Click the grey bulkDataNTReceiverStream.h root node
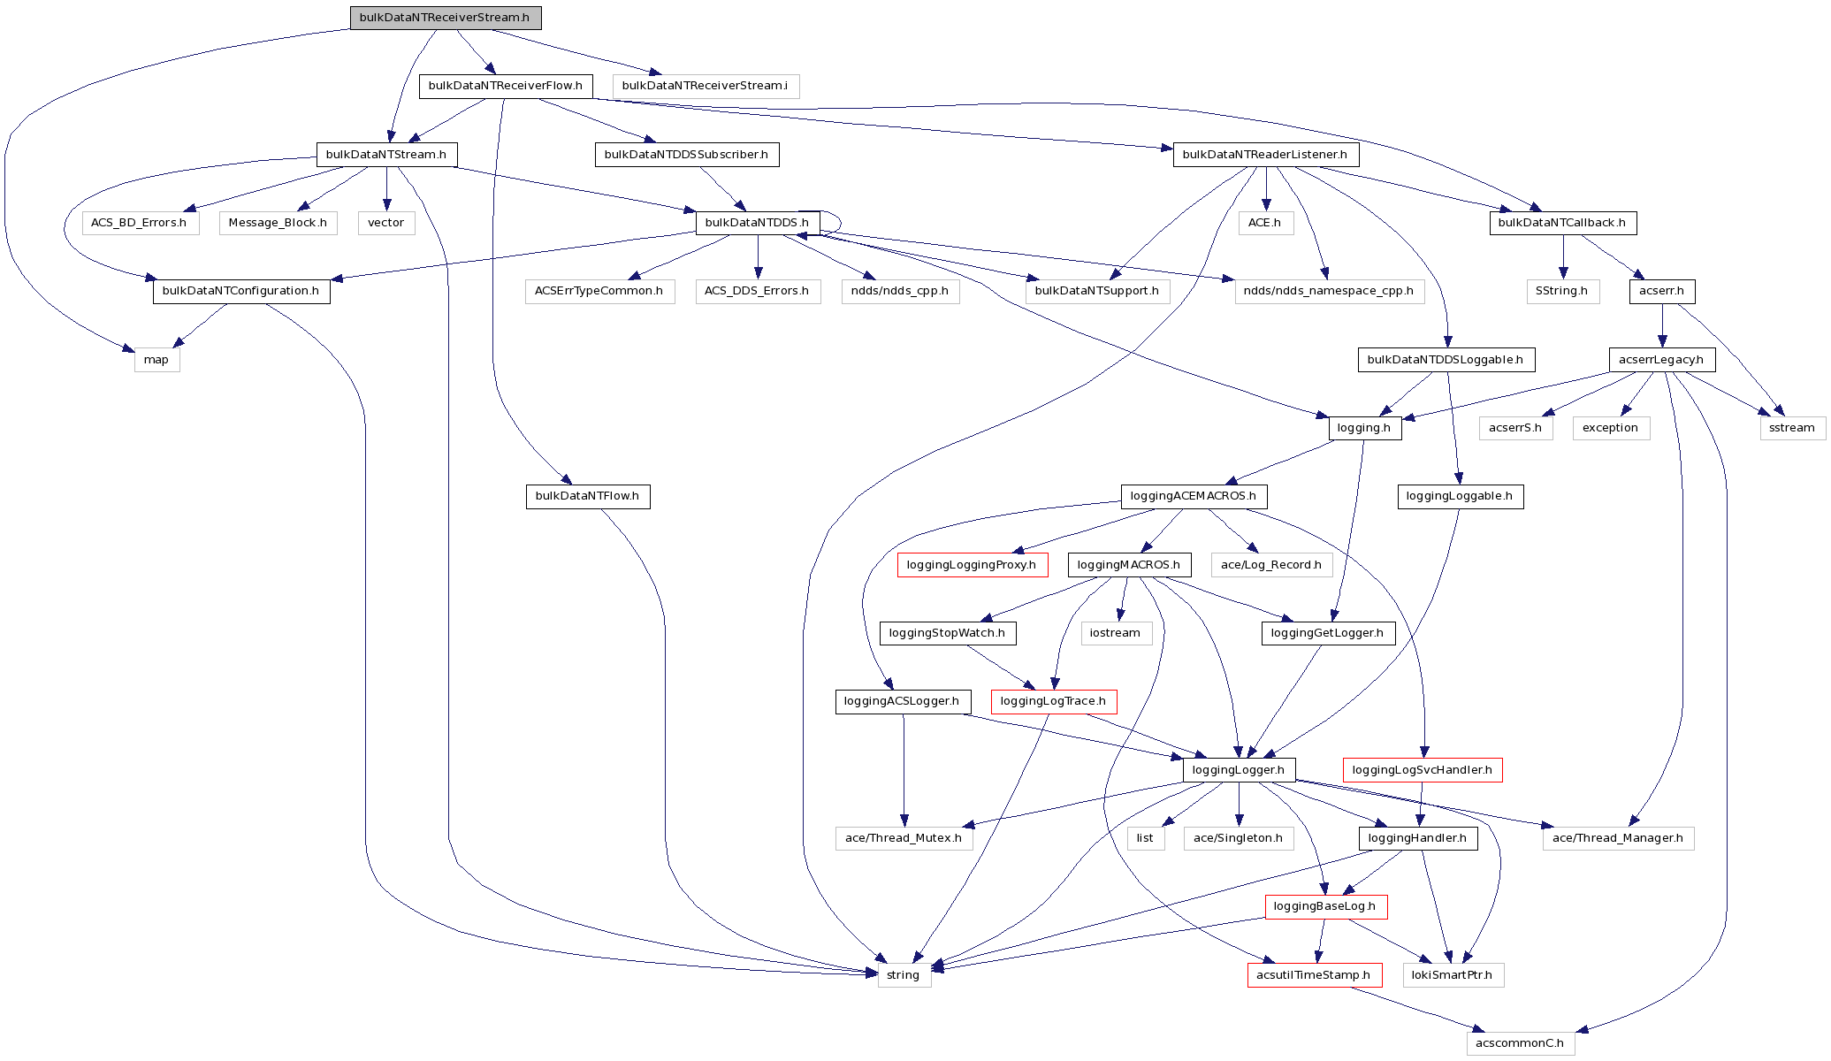click(445, 18)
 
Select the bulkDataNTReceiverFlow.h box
click(505, 86)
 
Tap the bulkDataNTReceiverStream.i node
click(705, 86)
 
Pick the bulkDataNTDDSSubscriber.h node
click(686, 155)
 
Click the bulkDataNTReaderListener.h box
click(1264, 155)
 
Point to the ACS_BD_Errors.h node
click(139, 223)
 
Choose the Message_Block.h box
click(278, 223)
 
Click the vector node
click(385, 223)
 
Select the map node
click(156, 360)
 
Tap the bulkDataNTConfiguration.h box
click(240, 291)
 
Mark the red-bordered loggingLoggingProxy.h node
click(972, 565)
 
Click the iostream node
click(1115, 633)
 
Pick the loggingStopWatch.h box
click(947, 633)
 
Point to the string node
click(903, 975)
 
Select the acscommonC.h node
click(1520, 1043)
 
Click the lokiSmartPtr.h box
click(1452, 975)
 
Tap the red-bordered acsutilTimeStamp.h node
click(1314, 975)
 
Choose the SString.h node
click(1561, 291)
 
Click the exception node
click(1610, 428)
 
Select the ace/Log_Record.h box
click(1270, 565)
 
